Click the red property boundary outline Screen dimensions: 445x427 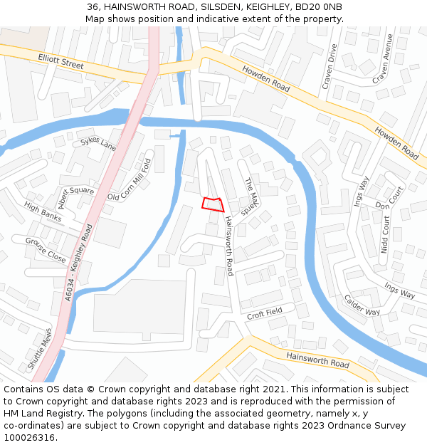(x=212, y=204)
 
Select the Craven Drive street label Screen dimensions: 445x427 (x=330, y=66)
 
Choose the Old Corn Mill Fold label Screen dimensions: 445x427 (x=130, y=175)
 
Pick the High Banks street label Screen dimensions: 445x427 (x=43, y=211)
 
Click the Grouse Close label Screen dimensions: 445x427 (x=46, y=250)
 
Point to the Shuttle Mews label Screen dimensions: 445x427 (x=40, y=352)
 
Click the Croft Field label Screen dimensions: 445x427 (x=265, y=312)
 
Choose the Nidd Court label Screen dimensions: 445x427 (x=386, y=236)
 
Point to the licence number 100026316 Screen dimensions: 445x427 (x=28, y=437)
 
